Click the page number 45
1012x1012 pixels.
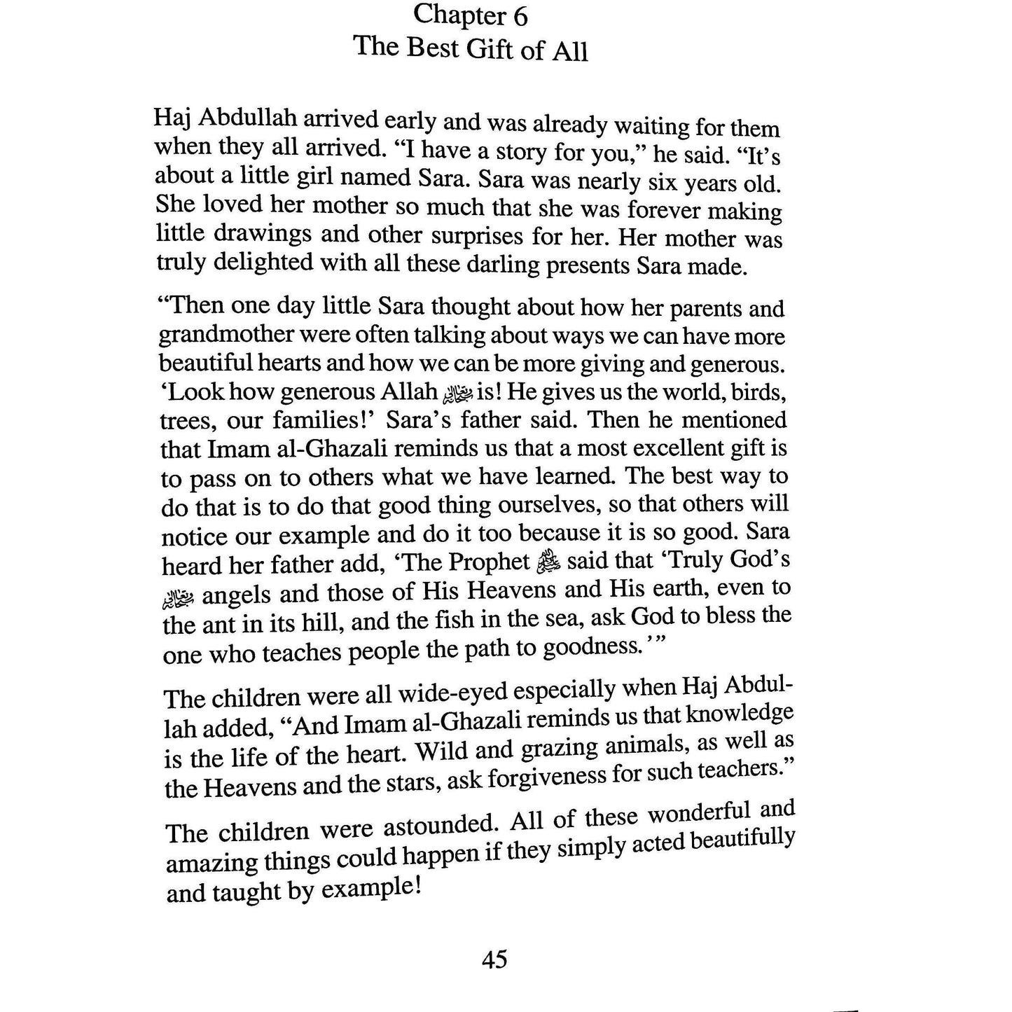[494, 959]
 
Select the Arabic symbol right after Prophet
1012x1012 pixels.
[548, 562]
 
